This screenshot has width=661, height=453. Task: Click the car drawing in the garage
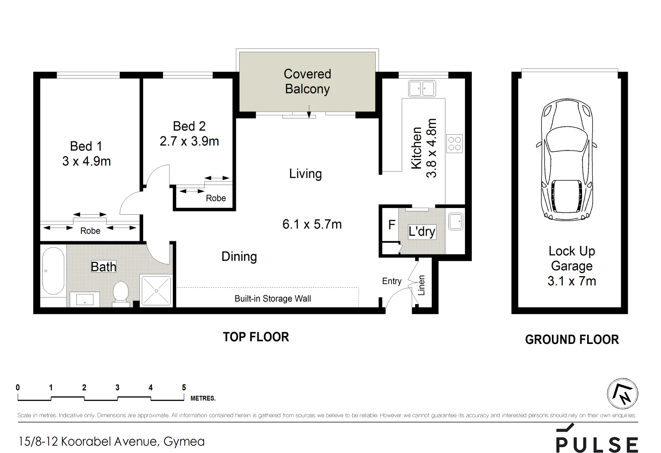(x=566, y=159)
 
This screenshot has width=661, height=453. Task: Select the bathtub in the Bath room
(x=53, y=271)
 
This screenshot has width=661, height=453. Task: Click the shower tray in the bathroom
(x=156, y=291)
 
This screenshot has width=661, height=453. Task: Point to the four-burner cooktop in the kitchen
(x=455, y=143)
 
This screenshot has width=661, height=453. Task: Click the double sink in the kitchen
(x=422, y=89)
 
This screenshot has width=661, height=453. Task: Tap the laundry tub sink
(x=456, y=221)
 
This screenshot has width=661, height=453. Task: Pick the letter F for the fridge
(x=392, y=225)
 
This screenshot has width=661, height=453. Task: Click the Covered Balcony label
(x=307, y=81)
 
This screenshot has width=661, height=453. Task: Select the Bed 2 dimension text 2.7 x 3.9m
(x=189, y=141)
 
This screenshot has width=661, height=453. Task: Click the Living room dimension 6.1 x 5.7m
(x=312, y=224)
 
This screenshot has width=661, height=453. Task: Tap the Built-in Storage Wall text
(x=273, y=299)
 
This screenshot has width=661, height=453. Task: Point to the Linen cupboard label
(x=421, y=285)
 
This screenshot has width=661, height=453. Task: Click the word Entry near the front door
(x=392, y=281)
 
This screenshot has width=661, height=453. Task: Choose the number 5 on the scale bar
(x=184, y=388)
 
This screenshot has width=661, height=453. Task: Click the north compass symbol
(x=623, y=394)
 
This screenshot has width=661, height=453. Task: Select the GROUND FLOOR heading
(x=572, y=340)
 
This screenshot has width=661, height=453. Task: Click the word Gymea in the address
(x=184, y=442)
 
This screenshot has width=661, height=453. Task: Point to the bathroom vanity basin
(x=85, y=299)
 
